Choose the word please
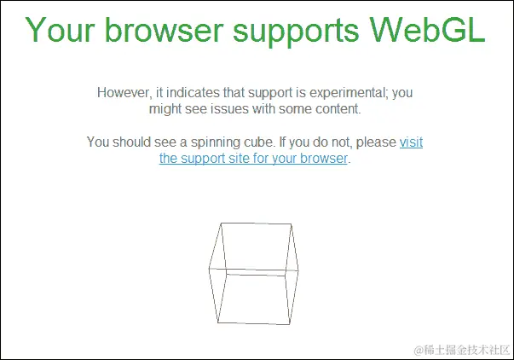pos(376,142)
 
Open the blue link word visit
pos(411,142)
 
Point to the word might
pos(166,109)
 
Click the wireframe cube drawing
pos(255,273)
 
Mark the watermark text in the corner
pos(461,350)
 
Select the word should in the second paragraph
pos(136,142)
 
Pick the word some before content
pos(297,109)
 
